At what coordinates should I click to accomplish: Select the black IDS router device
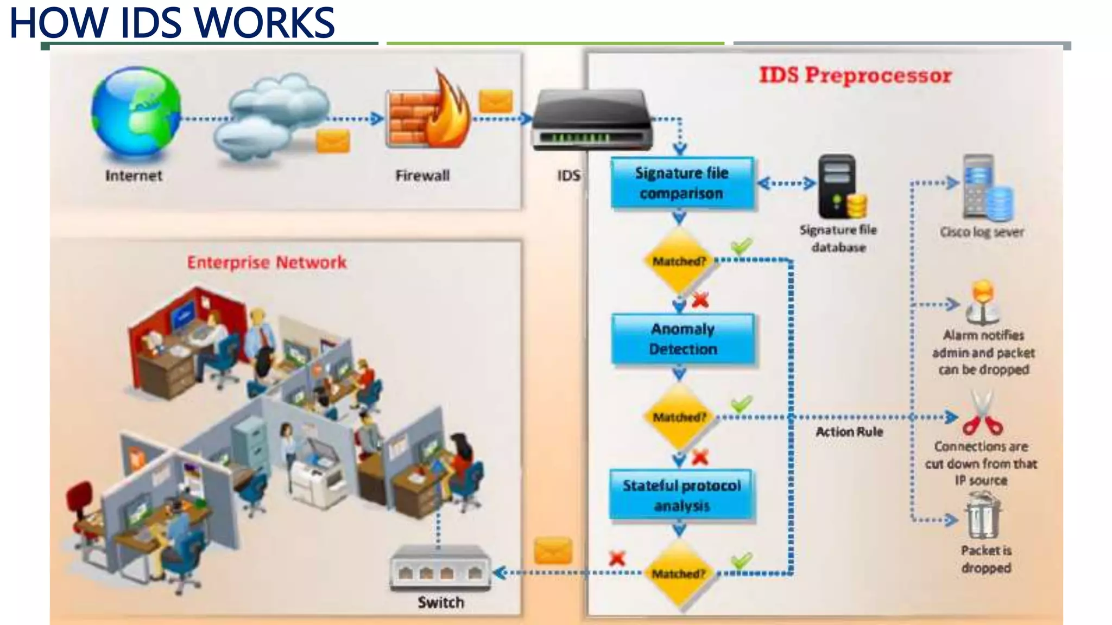pyautogui.click(x=591, y=120)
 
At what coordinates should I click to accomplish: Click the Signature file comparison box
pyautogui.click(x=682, y=183)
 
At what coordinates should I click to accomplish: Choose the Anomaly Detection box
pyautogui.click(x=683, y=339)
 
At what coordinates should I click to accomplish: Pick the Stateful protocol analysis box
pyautogui.click(x=681, y=495)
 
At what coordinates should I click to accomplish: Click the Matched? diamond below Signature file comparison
pyautogui.click(x=679, y=262)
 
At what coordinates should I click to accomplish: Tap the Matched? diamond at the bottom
pyautogui.click(x=679, y=573)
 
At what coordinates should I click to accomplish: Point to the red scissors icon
pyautogui.click(x=982, y=415)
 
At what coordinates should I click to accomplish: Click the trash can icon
pyautogui.click(x=983, y=515)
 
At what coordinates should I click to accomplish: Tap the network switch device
pyautogui.click(x=440, y=568)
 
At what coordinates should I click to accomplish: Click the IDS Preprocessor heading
pyautogui.click(x=855, y=75)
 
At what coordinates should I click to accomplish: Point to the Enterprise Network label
pyautogui.click(x=267, y=263)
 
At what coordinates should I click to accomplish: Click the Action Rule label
pyautogui.click(x=849, y=432)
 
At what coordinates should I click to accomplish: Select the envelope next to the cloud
pyautogui.click(x=333, y=142)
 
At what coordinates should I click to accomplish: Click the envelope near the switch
pyautogui.click(x=553, y=551)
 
